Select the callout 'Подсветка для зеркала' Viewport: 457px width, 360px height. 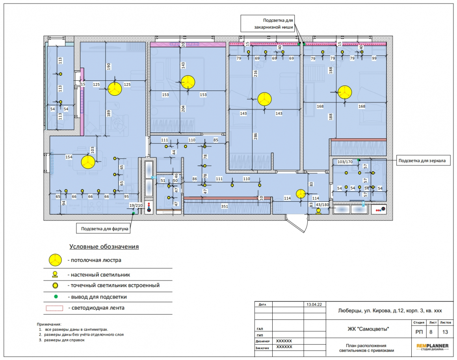click(422, 161)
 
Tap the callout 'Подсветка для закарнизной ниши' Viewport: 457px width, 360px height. click(268, 24)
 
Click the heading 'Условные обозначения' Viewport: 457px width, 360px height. click(104, 247)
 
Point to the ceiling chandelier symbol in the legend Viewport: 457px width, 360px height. click(55, 260)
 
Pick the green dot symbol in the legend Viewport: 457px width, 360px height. click(56, 297)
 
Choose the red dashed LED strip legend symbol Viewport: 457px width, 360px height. click(54, 308)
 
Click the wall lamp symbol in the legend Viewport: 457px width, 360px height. click(55, 274)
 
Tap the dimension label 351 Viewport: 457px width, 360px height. click(225, 206)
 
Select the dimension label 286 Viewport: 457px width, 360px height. click(256, 136)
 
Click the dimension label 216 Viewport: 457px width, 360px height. click(256, 74)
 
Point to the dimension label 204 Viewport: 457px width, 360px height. click(183, 109)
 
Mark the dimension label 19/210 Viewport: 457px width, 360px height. click(136, 205)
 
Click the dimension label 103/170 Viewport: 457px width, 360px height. click(345, 162)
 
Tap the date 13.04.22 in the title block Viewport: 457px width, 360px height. click(314, 304)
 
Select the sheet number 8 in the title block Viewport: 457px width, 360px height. click(431, 332)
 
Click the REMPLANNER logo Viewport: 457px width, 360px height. click(433, 347)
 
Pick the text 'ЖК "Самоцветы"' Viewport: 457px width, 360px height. click(368, 329)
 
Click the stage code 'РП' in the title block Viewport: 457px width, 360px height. click(419, 332)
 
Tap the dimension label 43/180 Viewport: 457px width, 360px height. click(323, 205)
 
